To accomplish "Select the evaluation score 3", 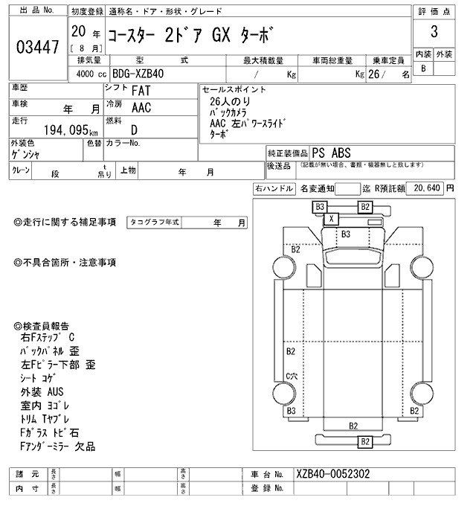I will [x=433, y=33].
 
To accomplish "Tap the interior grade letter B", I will [x=423, y=68].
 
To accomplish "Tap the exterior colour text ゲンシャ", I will [x=28, y=153].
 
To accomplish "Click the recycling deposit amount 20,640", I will [x=427, y=189].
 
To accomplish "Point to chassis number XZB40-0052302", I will [x=332, y=473].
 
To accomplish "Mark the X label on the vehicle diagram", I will [x=332, y=218].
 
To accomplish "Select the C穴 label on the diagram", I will [x=292, y=377].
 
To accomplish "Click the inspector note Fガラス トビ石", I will [x=51, y=432].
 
